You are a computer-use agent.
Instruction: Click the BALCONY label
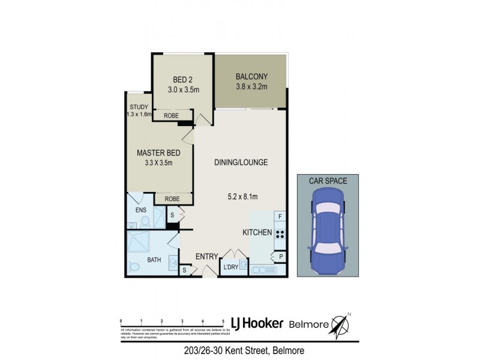pos(251,76)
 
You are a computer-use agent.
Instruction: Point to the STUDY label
pos(138,107)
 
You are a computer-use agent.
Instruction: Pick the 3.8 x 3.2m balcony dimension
pos(251,87)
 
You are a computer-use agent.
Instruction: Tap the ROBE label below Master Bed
pos(173,199)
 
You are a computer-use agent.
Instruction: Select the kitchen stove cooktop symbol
pos(280,233)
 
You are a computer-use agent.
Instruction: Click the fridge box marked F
pos(280,216)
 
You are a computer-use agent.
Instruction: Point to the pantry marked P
pos(280,256)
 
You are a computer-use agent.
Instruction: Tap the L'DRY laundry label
pos(230,267)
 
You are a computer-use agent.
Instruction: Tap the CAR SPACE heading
pos(327,180)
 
